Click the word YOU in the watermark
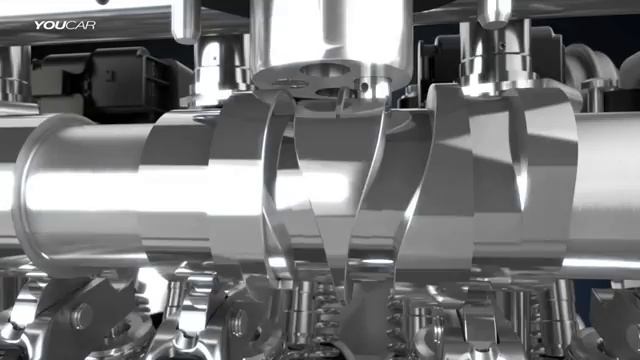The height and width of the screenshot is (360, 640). (x=49, y=25)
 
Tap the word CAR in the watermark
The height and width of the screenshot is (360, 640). (x=80, y=25)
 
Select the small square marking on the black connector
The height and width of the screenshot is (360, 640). (x=109, y=76)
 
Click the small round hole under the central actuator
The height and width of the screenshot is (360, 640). (x=363, y=86)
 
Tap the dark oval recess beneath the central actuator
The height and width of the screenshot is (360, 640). (x=326, y=70)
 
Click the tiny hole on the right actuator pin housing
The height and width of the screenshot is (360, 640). (x=503, y=45)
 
